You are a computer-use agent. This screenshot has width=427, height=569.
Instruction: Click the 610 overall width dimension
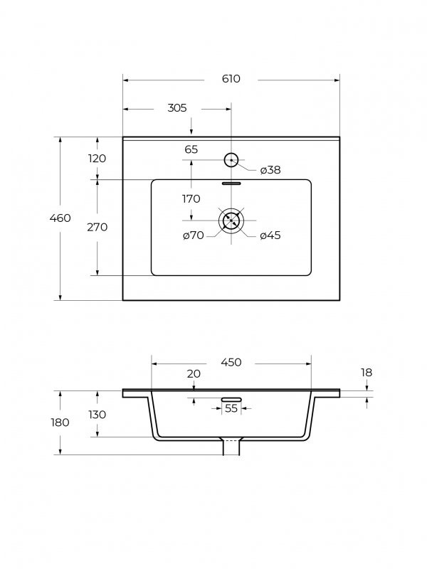click(231, 79)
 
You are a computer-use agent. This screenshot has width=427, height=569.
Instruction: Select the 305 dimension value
click(177, 108)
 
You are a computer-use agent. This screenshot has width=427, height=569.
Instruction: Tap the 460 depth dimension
click(60, 218)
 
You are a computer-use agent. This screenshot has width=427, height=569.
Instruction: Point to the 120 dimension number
click(97, 159)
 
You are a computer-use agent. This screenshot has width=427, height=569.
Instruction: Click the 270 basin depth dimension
click(97, 227)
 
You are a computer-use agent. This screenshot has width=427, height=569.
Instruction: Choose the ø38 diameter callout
click(270, 170)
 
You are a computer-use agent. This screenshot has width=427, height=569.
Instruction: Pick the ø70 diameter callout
click(193, 235)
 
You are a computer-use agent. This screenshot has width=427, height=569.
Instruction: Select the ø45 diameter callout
click(270, 235)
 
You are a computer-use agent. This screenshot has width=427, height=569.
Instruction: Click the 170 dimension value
click(191, 199)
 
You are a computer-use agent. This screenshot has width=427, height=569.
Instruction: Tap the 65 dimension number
click(191, 149)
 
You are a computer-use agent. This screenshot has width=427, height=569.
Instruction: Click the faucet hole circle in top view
click(231, 159)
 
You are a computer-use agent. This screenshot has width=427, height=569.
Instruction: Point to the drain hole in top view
click(231, 220)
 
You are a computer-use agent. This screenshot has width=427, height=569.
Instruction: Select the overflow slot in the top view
click(231, 184)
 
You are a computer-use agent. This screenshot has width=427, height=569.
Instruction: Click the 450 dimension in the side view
click(231, 362)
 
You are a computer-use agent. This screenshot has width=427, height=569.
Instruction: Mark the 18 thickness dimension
click(367, 373)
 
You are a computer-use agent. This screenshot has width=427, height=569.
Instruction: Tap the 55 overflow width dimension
click(231, 408)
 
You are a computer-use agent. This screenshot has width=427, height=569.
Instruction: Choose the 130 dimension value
click(97, 415)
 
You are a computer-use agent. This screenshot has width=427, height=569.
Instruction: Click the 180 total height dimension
click(60, 422)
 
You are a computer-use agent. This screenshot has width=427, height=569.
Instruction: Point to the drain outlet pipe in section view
click(231, 447)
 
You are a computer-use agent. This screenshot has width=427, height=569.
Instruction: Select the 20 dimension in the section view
click(194, 374)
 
